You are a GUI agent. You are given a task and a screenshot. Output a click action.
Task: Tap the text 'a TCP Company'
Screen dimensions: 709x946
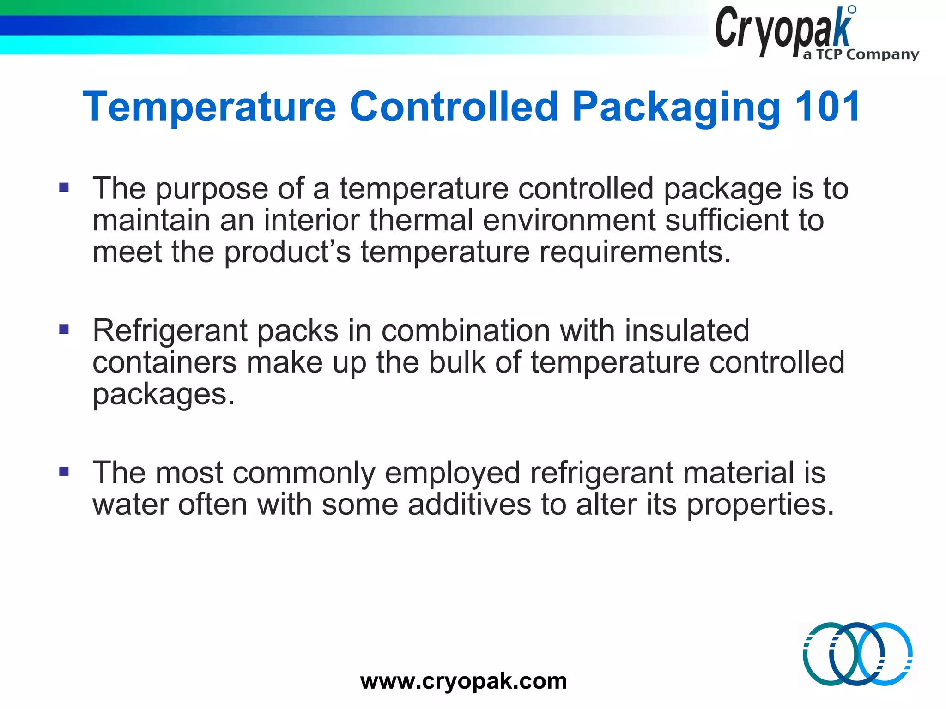coord(861,54)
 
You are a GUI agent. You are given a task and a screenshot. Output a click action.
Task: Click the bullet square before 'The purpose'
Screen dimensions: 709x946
coord(64,187)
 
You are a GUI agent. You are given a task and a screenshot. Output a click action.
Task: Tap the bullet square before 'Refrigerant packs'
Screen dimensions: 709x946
coord(64,330)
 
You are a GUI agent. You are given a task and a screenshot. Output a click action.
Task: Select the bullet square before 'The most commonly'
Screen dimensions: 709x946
coord(64,471)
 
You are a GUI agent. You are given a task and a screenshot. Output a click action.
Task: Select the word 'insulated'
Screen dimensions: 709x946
coord(687,330)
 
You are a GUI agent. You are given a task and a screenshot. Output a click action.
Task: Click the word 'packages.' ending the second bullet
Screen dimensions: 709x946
coord(163,395)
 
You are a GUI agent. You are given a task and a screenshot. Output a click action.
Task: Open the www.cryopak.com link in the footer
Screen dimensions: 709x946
coord(463,681)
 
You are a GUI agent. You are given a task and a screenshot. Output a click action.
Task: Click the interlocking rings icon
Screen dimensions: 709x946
coord(857,654)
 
